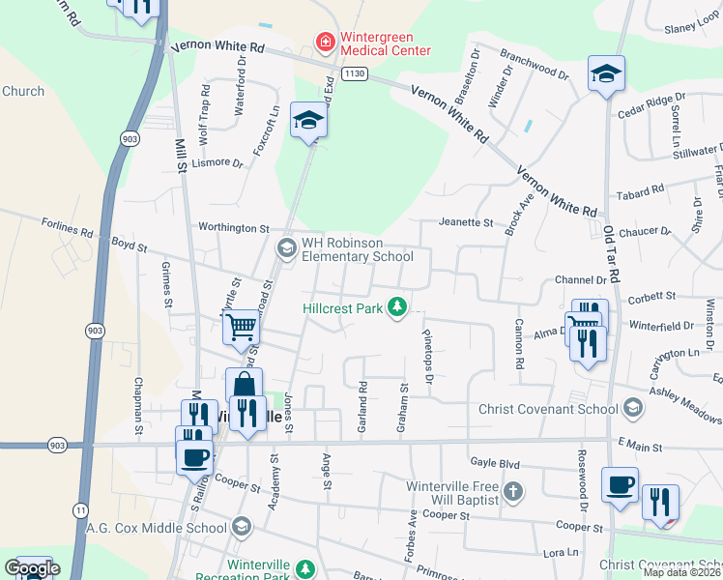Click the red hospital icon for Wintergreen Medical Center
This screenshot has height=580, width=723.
(326, 42)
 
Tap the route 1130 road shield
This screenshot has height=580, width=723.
(355, 73)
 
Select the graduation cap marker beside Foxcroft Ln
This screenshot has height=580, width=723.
(309, 120)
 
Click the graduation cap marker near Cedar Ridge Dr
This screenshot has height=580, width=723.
(606, 73)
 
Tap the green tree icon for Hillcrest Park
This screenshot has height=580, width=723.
(396, 307)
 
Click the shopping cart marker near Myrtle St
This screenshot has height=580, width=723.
(241, 325)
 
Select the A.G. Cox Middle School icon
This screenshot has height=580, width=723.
(241, 528)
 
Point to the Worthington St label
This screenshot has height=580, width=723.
(235, 228)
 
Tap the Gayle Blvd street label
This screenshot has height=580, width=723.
(495, 463)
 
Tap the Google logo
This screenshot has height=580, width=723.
(31, 568)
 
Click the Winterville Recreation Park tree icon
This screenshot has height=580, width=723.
(305, 568)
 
